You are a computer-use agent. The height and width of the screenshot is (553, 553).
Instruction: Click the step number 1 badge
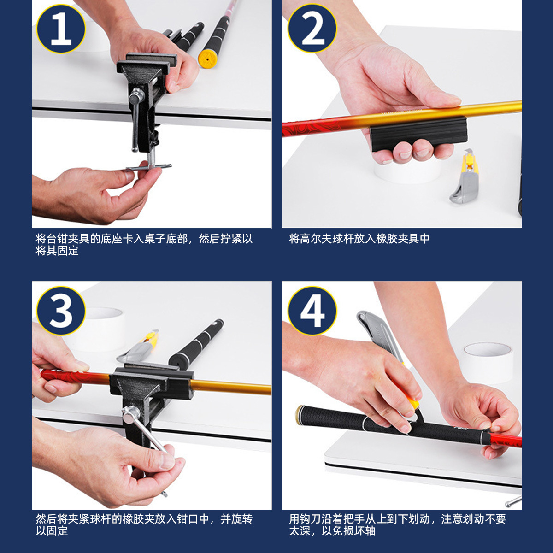tap(61, 29)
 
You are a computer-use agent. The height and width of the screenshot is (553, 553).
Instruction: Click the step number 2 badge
tap(312, 28)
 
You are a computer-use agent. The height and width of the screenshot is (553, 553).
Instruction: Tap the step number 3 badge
tap(61, 311)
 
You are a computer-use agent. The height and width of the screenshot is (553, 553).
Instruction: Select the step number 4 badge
tap(312, 311)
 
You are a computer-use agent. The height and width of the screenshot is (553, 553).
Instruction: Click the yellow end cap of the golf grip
tap(207, 59)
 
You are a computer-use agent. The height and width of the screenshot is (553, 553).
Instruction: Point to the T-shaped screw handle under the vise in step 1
tap(148, 167)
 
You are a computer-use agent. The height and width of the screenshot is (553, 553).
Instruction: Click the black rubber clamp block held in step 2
tap(418, 134)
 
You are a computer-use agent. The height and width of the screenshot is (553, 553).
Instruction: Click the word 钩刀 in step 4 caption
tap(310, 519)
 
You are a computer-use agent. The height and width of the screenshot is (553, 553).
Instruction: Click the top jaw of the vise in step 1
tap(151, 60)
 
